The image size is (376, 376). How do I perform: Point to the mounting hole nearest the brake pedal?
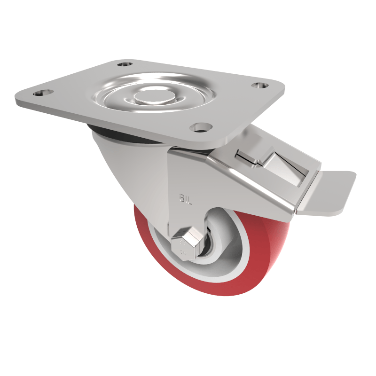tap(259, 86)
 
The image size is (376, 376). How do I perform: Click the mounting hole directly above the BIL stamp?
tap(201, 127)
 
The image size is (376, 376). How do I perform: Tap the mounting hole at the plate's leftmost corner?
tap(39, 93)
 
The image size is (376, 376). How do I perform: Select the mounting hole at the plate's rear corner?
tap(125, 64)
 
